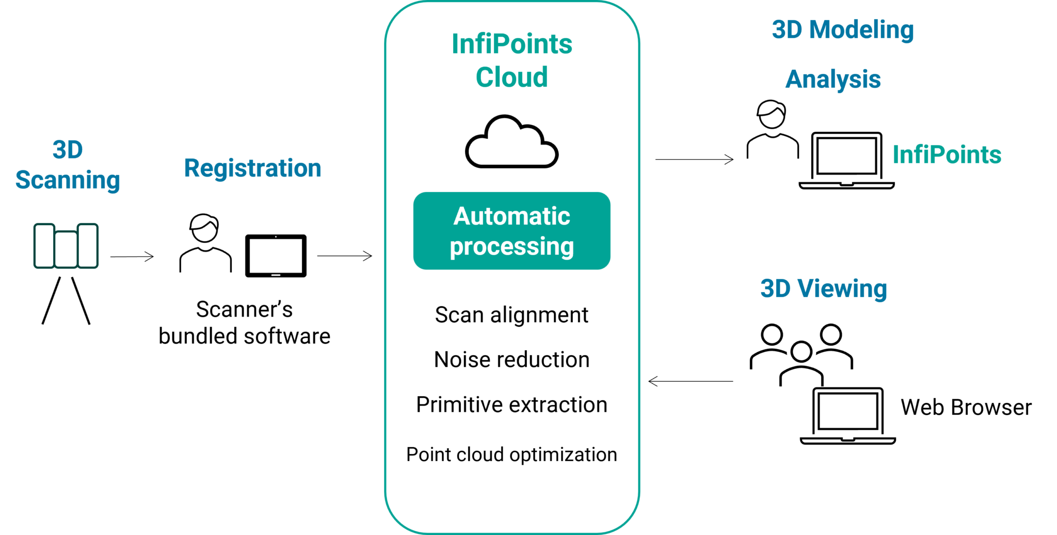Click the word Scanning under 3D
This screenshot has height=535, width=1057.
[x=68, y=180]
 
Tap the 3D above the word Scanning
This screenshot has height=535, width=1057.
[x=68, y=150]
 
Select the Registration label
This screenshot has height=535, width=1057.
[x=252, y=168]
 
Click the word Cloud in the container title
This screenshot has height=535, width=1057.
[x=511, y=77]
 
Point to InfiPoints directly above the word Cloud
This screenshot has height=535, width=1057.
[x=511, y=44]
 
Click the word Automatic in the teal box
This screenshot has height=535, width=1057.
[x=511, y=216]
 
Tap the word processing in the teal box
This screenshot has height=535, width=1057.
[x=511, y=247]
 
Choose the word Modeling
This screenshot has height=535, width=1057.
[x=861, y=30]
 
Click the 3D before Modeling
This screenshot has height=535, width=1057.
[x=787, y=30]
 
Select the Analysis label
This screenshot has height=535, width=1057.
[x=833, y=80]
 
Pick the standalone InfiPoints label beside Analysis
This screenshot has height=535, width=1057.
[x=947, y=155]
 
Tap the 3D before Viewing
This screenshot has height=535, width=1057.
[x=775, y=289]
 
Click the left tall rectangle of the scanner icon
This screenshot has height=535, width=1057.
[x=44, y=246]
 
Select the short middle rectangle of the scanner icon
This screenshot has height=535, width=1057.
[x=66, y=250]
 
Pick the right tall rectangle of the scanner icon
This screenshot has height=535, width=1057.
[x=88, y=246]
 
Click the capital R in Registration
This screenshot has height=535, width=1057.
[x=191, y=168]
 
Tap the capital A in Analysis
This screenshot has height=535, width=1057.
[x=794, y=80]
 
